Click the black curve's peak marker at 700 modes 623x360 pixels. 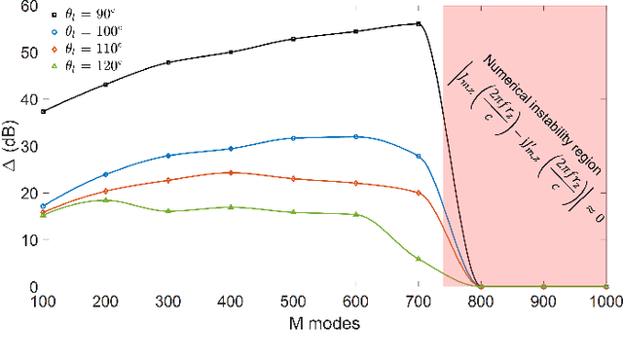[x=419, y=23]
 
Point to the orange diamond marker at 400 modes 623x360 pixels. [x=231, y=172]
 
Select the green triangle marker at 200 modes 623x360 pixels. [x=105, y=199]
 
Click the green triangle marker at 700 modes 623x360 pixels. [x=419, y=259]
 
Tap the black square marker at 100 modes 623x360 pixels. [x=43, y=111]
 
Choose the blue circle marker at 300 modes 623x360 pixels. [x=168, y=156]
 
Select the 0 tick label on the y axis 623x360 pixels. [x=31, y=287]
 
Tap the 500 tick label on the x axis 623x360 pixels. [x=293, y=304]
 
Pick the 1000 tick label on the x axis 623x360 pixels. [x=605, y=304]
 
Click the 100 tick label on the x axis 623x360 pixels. [x=43, y=304]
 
